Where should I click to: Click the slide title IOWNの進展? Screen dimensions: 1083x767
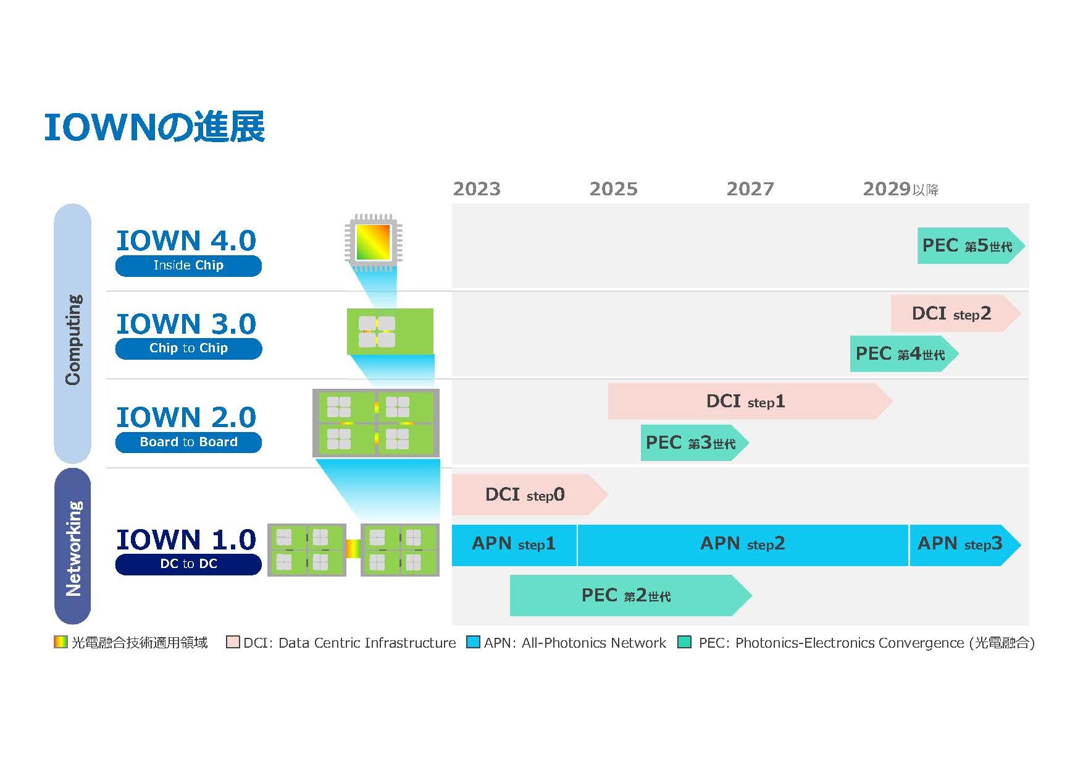click(154, 127)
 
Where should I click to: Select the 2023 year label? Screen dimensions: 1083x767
click(477, 189)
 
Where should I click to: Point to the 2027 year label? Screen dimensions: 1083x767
click(750, 189)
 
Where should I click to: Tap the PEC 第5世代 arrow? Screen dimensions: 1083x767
click(971, 246)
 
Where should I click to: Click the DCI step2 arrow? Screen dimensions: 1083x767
click(955, 313)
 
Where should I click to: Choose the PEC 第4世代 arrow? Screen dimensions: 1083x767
click(904, 354)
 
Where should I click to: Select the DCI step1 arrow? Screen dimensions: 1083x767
click(750, 402)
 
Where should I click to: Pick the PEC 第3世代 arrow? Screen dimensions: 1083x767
click(695, 443)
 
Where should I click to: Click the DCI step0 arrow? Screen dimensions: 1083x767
click(530, 494)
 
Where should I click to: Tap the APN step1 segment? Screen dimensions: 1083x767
click(514, 545)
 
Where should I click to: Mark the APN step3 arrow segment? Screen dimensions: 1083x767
click(965, 545)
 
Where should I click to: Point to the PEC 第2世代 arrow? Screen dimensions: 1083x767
click(630, 595)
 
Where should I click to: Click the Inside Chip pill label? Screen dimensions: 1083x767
click(188, 266)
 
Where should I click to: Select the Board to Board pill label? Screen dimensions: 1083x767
click(188, 443)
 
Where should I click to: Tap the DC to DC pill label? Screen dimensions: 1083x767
click(188, 564)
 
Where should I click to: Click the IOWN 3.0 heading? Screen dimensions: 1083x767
click(186, 324)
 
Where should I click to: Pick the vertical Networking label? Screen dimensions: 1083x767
click(73, 548)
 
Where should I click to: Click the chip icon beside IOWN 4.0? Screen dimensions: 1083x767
click(374, 242)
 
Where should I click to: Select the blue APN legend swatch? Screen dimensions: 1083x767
click(473, 642)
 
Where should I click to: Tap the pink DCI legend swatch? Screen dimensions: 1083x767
click(233, 642)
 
